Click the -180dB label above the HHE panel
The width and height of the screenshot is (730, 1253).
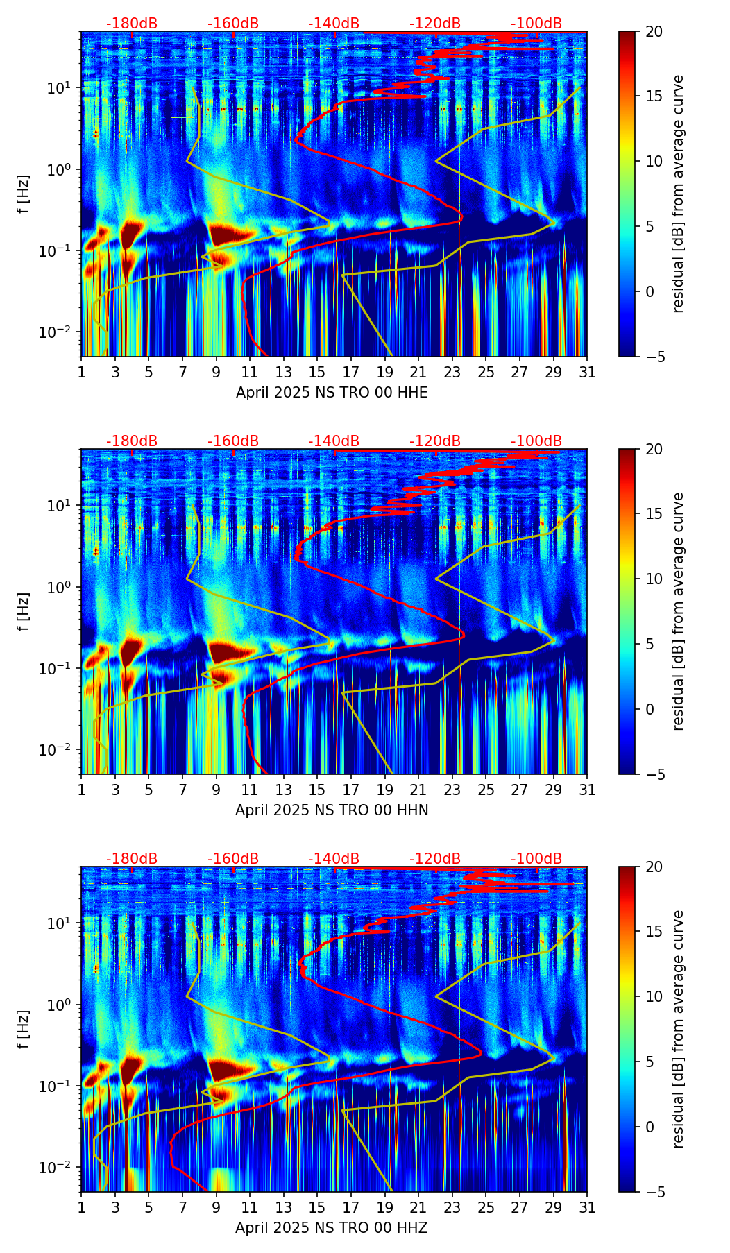[x=132, y=24]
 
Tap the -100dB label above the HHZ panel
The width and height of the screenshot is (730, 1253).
[x=536, y=859]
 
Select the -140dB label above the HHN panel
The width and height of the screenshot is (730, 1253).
[x=334, y=441]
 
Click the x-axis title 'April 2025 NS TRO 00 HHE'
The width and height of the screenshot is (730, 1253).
[x=332, y=393]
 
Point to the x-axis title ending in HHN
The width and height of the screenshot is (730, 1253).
[x=332, y=810]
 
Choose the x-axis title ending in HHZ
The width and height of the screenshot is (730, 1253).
[x=332, y=1228]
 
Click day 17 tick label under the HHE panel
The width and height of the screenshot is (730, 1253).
[x=351, y=372]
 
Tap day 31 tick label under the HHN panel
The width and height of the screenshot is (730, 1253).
[x=586, y=790]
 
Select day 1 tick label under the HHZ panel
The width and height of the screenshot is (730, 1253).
[x=82, y=1207]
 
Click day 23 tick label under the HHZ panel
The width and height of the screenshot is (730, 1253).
[x=452, y=1207]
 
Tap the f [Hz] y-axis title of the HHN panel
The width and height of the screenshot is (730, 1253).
[x=24, y=611]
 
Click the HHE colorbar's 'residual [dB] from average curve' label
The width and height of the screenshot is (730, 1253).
[x=679, y=194]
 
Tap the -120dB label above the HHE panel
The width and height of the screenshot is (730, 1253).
[x=435, y=24]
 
